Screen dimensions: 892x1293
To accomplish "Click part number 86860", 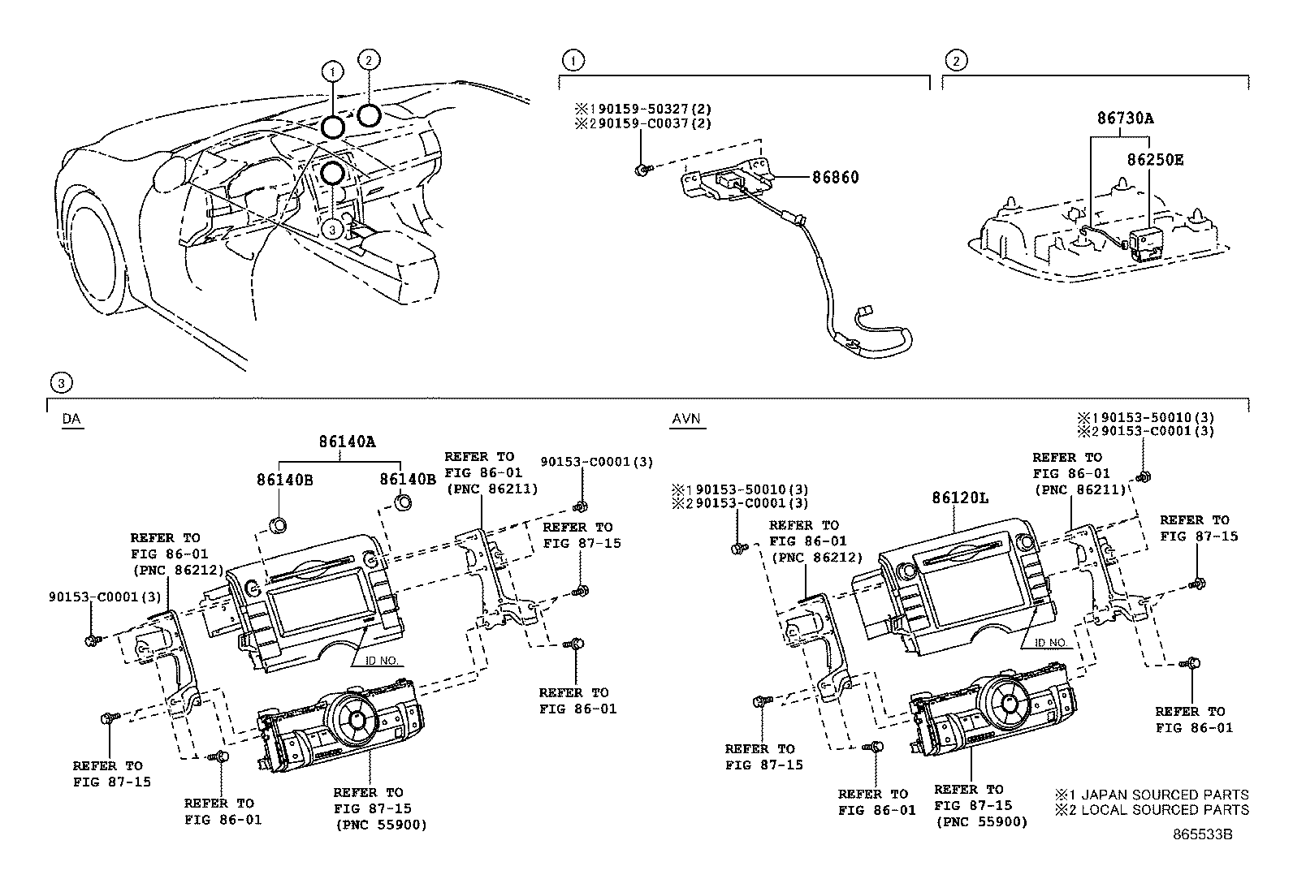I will point(834,177).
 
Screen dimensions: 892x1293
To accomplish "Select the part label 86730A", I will point(1125,118).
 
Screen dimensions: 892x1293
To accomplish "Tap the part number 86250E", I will point(1154,160).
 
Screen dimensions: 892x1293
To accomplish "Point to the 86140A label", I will point(347,442).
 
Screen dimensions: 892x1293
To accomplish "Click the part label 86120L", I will point(960,498).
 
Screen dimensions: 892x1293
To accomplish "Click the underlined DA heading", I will point(71,420).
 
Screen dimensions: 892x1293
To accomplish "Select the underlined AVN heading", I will point(686,420).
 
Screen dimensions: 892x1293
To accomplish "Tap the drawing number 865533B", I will point(1201,834).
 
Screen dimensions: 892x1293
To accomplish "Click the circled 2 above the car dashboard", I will point(368,60).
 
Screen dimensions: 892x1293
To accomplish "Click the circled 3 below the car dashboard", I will point(331,230).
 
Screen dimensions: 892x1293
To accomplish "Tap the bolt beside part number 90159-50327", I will point(642,169).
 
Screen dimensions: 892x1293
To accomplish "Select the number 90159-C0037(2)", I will point(642,123).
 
